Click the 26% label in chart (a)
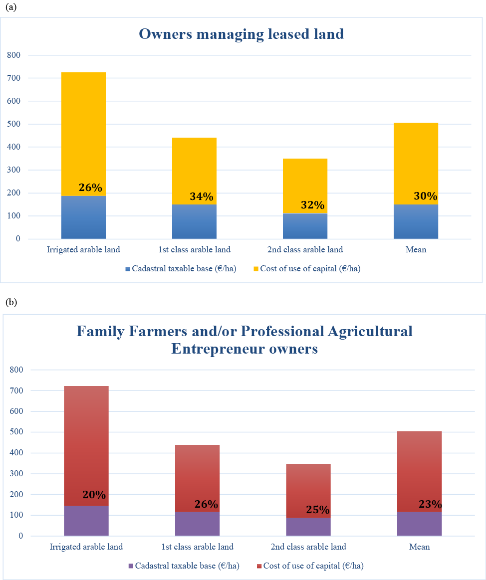(90, 188)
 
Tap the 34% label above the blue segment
(202, 196)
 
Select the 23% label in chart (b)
(430, 504)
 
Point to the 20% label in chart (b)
(94, 495)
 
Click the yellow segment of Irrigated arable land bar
(83, 134)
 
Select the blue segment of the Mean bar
(416, 221)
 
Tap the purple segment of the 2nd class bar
(308, 527)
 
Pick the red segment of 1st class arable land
(197, 478)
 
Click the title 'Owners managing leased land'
(242, 34)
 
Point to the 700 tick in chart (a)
(13, 78)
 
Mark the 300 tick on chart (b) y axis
(16, 473)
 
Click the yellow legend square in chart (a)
(256, 269)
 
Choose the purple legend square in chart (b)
(131, 566)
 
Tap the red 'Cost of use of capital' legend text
(313, 566)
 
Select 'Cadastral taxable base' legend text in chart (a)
(184, 268)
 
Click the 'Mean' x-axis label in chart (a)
(416, 250)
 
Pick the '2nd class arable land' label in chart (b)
(308, 547)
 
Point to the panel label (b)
(11, 302)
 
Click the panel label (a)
(11, 7)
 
